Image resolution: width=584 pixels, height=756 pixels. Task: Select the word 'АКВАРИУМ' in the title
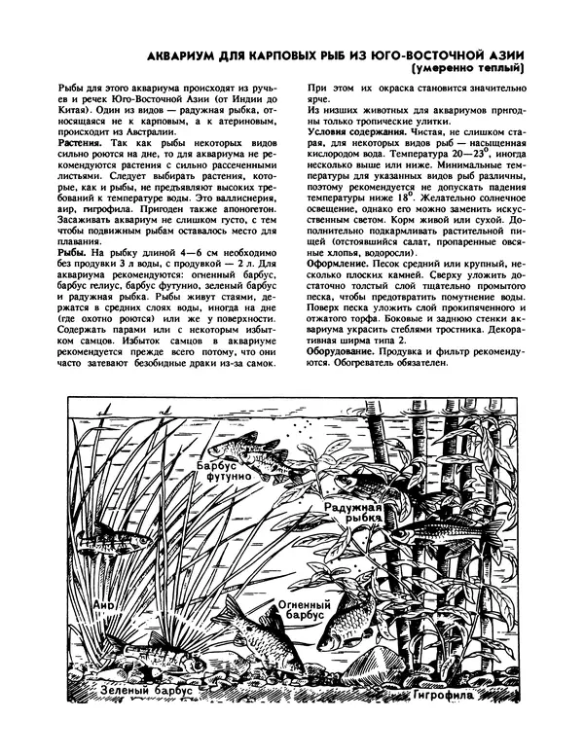180,54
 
